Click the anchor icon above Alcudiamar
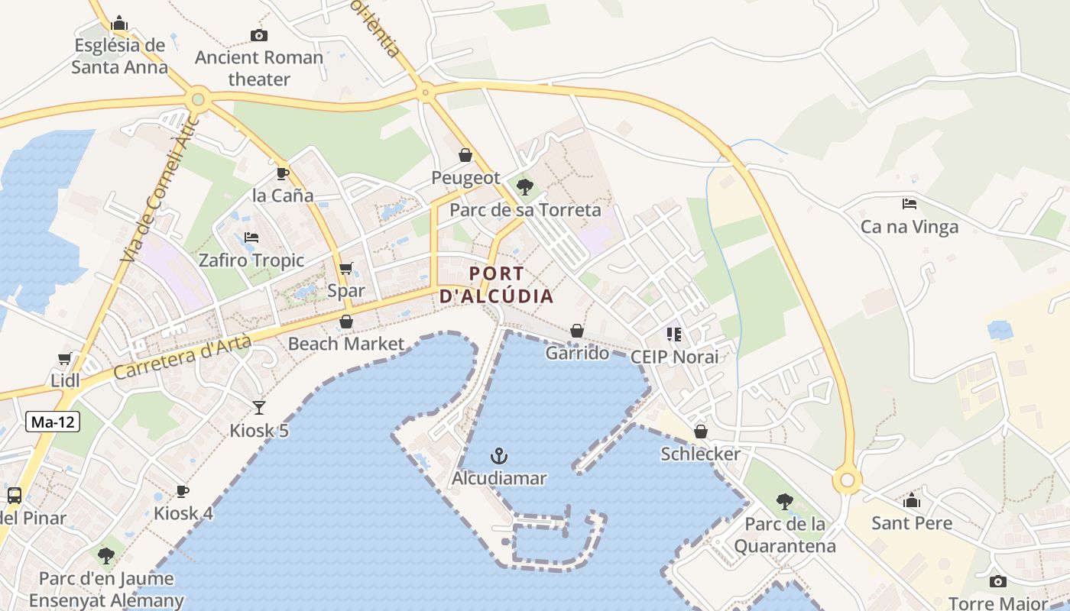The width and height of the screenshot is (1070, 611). [499, 456]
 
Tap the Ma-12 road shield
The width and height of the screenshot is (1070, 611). [53, 422]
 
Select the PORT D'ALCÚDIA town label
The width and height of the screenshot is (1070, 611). [496, 285]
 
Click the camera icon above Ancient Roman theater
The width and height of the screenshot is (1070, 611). [259, 35]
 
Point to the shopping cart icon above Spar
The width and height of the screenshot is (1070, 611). [346, 268]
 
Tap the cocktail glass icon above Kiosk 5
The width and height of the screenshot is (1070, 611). [259, 408]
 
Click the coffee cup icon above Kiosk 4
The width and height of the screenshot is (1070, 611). [183, 491]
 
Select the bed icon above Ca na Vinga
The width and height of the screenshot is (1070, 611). [909, 204]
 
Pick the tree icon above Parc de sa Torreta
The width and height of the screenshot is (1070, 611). [525, 187]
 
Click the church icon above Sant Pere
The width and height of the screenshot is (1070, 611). [912, 501]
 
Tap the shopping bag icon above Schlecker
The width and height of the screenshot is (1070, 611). [701, 432]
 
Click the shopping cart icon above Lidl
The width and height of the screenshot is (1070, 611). [65, 358]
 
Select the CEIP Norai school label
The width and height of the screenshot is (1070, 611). [674, 357]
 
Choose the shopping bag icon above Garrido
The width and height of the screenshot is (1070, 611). [577, 331]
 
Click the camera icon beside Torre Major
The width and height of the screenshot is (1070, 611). [997, 582]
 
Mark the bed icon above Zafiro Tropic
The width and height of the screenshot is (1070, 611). [251, 238]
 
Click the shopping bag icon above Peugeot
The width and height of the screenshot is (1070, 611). [465, 156]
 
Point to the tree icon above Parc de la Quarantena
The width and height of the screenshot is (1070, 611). [784, 502]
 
